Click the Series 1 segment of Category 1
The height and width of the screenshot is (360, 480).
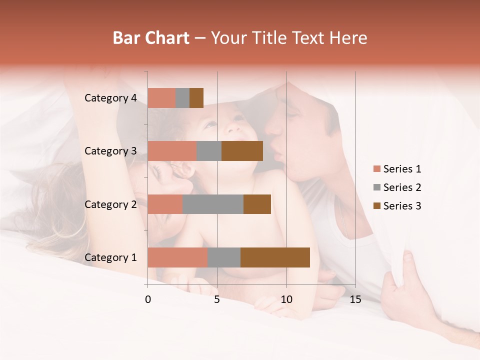[x=177, y=257]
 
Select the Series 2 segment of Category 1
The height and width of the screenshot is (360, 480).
[x=224, y=257]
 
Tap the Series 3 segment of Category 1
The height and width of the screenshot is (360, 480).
[x=275, y=257]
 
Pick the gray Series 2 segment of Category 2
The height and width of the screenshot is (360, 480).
[x=213, y=204]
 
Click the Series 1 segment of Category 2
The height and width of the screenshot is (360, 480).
[x=165, y=204]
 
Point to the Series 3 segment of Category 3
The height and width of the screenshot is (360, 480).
[x=242, y=151]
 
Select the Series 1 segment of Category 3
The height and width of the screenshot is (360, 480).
[x=172, y=151]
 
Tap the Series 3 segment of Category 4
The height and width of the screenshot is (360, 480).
[x=196, y=98]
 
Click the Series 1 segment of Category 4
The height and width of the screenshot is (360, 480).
[x=161, y=98]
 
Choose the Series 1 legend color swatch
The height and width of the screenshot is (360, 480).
[x=376, y=169]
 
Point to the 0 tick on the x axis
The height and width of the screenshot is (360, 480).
[x=148, y=299]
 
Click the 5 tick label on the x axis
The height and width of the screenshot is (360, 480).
[x=217, y=299]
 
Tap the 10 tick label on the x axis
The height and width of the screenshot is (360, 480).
[x=286, y=299]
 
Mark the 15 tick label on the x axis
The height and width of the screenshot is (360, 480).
[x=355, y=299]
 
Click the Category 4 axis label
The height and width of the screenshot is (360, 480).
[x=110, y=98]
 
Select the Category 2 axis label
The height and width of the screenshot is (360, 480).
[x=110, y=204]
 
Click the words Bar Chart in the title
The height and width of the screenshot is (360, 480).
[x=151, y=38]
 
